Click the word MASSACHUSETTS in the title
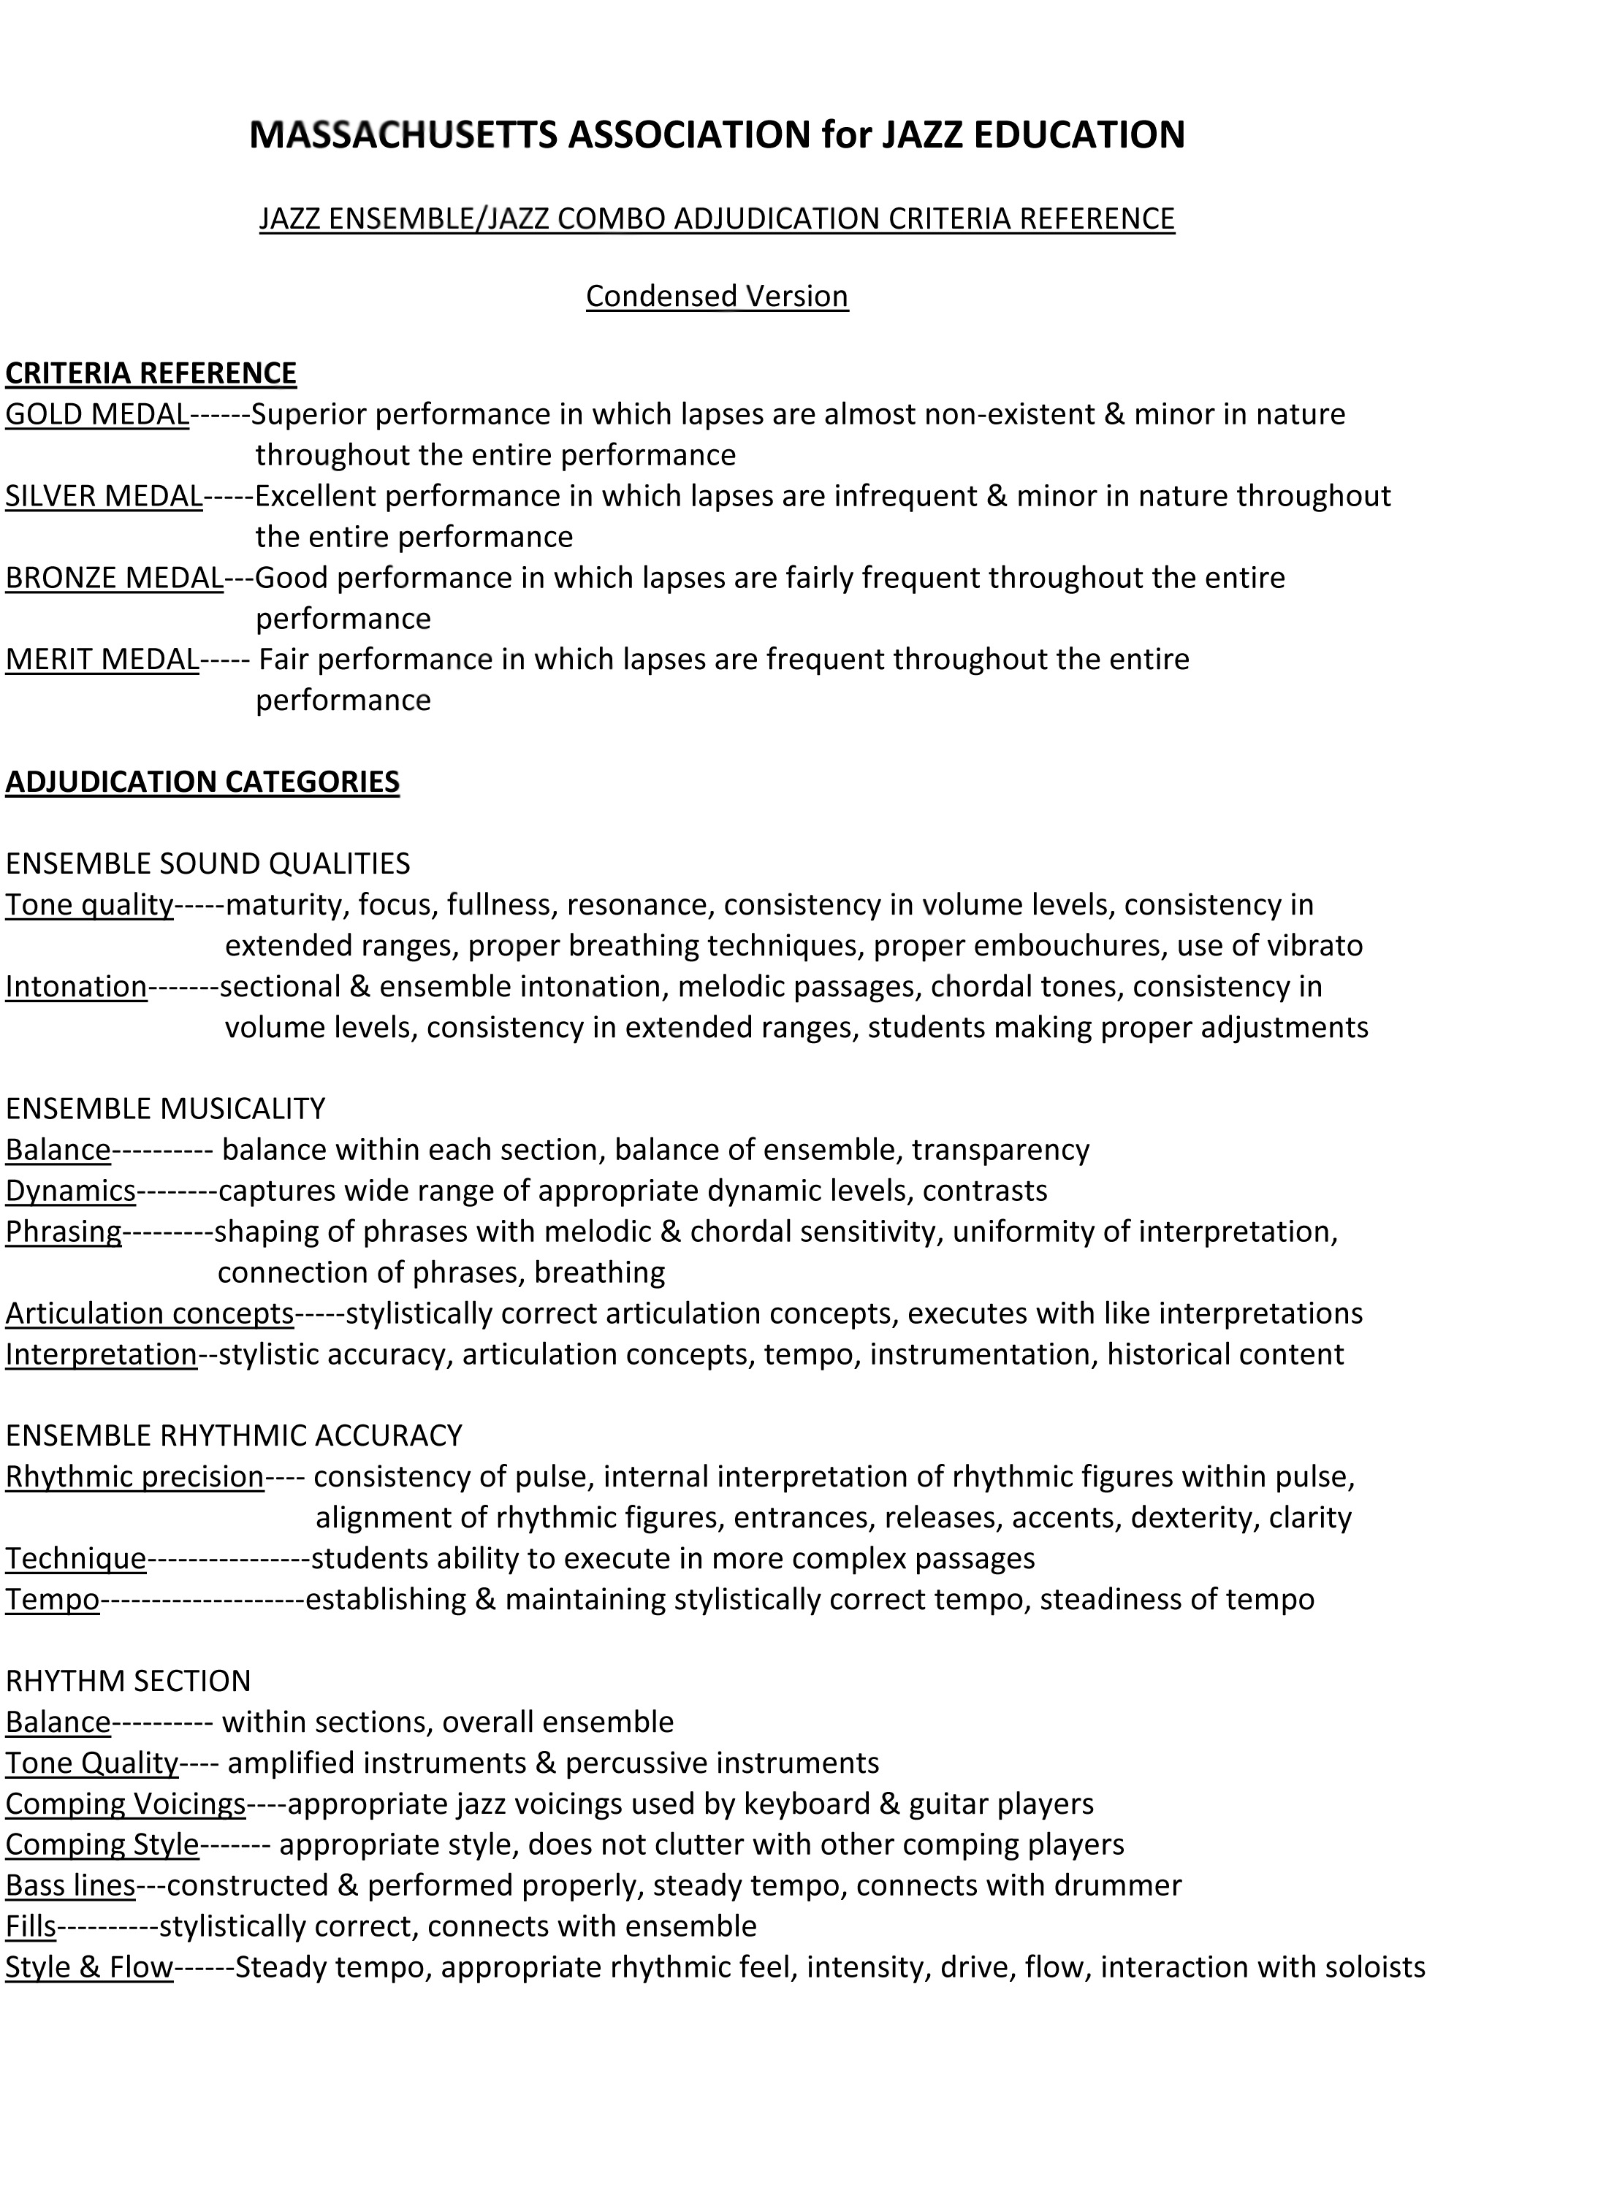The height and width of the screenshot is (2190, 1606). [403, 134]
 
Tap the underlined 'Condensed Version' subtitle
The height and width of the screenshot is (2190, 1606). [717, 296]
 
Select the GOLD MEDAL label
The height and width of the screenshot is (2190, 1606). [97, 414]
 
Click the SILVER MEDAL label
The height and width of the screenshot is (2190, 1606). [104, 496]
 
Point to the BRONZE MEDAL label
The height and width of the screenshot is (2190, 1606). [115, 577]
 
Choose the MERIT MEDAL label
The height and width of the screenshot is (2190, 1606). [102, 659]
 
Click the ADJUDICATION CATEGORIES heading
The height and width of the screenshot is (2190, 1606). [202, 782]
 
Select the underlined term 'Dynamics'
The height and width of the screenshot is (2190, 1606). [70, 1190]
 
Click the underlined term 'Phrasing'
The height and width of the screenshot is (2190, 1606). [63, 1231]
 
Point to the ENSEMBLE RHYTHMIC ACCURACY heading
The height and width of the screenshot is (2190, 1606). [233, 1435]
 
